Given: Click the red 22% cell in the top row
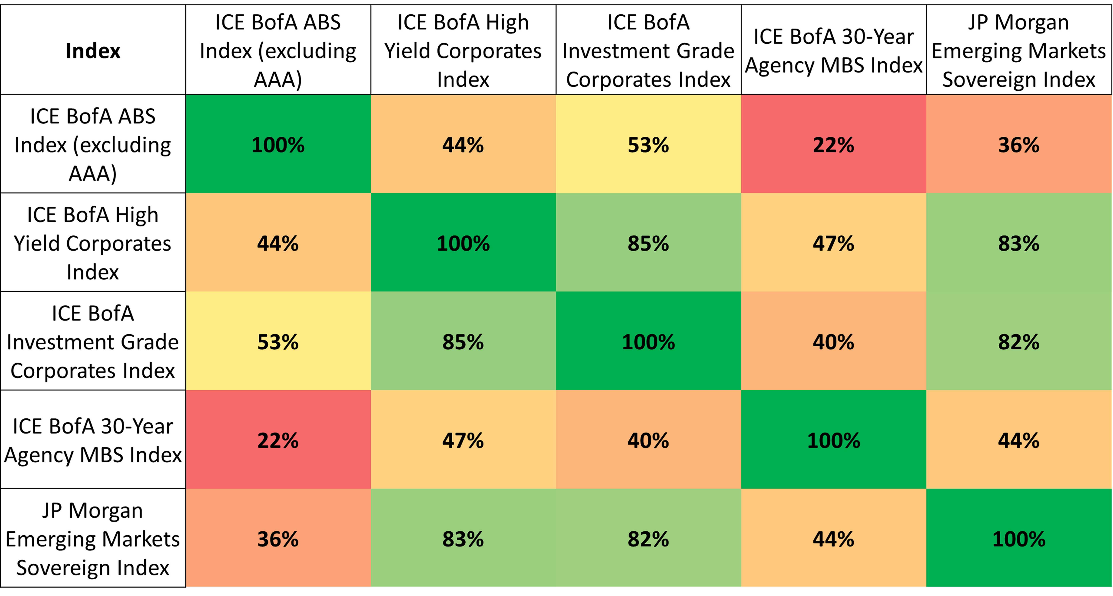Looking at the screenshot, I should tap(833, 144).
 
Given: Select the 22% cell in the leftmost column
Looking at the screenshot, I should tap(278, 440).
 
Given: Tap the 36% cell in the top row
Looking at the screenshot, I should tap(1018, 144).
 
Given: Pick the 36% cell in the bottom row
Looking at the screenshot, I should tap(278, 539).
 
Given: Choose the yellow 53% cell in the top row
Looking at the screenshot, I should tap(648, 144).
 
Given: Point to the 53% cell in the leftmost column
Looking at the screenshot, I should tap(278, 342).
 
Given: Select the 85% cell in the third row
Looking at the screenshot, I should tap(463, 342).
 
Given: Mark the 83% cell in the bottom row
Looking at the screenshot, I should tap(463, 539).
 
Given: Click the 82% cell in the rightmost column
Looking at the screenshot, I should tap(1018, 342).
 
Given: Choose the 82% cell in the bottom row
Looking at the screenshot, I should tap(648, 539).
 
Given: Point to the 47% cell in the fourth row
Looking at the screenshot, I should tap(463, 440).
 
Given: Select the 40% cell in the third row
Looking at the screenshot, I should tap(833, 342).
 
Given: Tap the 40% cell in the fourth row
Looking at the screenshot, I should tap(648, 440).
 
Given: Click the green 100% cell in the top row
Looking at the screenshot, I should tap(278, 144).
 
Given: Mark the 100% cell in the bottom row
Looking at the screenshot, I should tap(1018, 539).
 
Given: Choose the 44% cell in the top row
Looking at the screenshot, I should tap(463, 144).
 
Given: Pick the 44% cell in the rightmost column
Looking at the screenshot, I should tap(1018, 440).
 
